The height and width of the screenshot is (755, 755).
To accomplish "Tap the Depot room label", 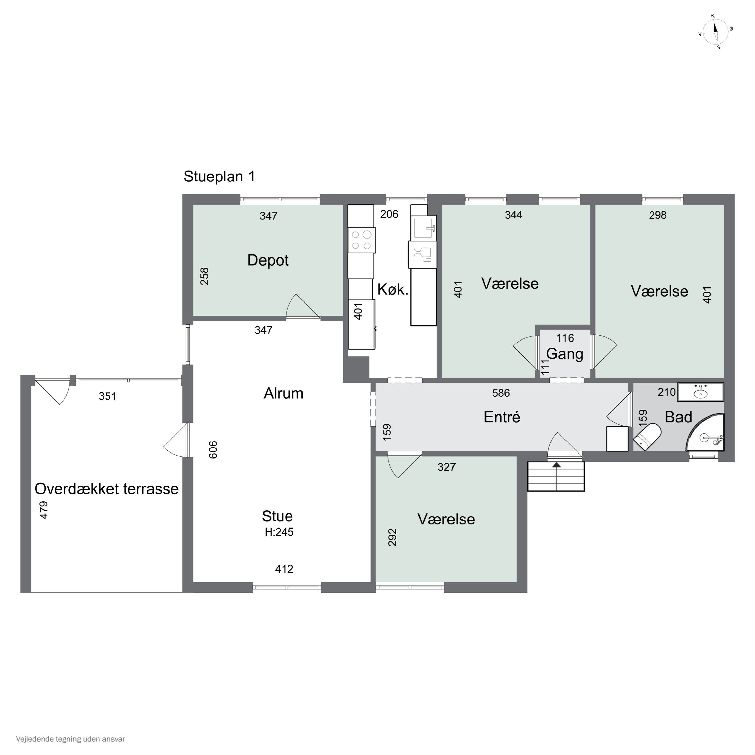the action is click(x=268, y=260).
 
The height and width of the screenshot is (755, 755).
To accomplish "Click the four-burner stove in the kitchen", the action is click(x=361, y=240).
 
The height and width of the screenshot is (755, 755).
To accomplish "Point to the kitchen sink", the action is click(x=423, y=229).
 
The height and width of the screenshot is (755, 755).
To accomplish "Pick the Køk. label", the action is click(x=393, y=290).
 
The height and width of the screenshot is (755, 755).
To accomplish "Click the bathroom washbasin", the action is click(x=700, y=392).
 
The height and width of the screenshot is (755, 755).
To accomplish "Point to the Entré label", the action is click(x=502, y=417).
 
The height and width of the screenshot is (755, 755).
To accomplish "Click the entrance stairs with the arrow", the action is click(x=556, y=476).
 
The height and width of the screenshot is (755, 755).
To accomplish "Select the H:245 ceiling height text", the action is click(x=279, y=532).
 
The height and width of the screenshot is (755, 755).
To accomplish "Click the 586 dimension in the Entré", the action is click(x=501, y=393).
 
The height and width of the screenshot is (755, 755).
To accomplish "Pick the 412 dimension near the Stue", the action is click(x=284, y=569).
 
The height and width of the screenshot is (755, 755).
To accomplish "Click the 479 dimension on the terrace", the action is click(x=44, y=510).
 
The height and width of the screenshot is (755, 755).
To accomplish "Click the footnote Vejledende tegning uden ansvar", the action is click(x=70, y=739).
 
